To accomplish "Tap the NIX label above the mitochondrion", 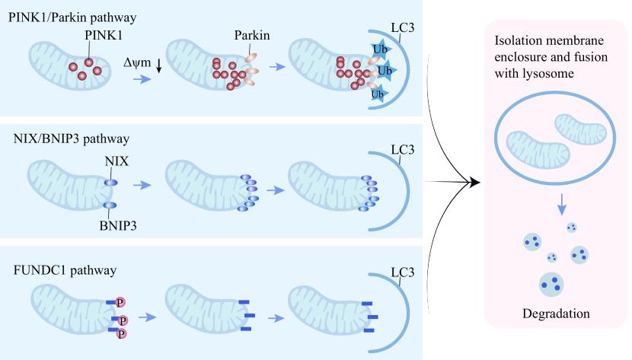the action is click(x=110, y=162).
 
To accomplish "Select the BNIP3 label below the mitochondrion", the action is click(x=111, y=226).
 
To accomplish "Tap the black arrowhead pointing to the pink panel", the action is click(x=474, y=182).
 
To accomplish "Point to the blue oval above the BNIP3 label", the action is click(x=110, y=206).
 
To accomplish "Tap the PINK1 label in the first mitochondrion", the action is click(x=89, y=36).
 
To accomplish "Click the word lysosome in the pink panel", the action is click(x=547, y=73).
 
